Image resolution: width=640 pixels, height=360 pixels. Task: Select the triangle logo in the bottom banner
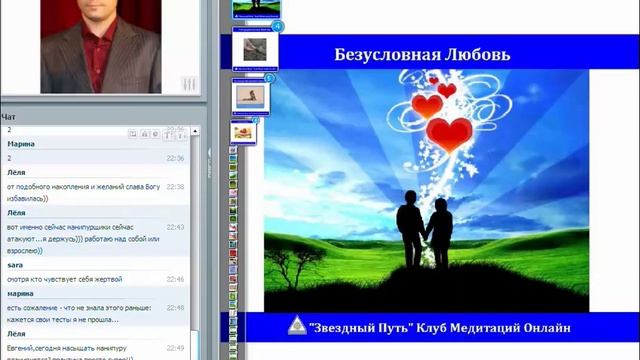click(297, 328)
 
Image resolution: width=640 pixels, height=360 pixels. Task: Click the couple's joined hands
click(425, 237)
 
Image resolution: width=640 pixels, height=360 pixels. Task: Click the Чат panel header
click(9, 117)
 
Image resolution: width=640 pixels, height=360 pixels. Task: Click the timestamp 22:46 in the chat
click(175, 279)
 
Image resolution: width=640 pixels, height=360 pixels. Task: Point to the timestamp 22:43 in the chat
click(175, 227)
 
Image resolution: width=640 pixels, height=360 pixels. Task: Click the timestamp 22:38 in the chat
click(175, 186)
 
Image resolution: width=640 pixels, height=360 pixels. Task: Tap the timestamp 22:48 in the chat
click(175, 307)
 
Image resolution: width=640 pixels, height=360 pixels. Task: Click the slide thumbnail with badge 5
click(250, 96)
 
